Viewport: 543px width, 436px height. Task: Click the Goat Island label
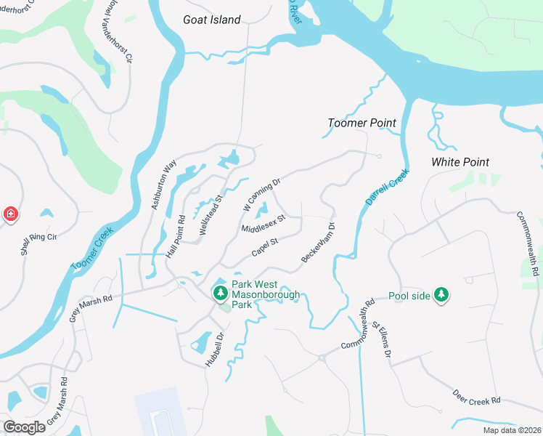pyautogui.click(x=211, y=20)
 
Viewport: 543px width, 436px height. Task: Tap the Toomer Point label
pyautogui.click(x=362, y=123)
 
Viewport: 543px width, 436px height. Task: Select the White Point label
pyautogui.click(x=460, y=161)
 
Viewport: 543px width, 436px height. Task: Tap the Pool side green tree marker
pyautogui.click(x=440, y=294)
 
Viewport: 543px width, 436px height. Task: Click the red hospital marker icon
pyautogui.click(x=10, y=214)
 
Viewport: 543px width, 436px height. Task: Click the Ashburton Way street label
pyautogui.click(x=164, y=186)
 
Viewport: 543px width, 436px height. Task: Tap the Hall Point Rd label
pyautogui.click(x=176, y=235)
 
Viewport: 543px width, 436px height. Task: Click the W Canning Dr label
pyautogui.click(x=261, y=196)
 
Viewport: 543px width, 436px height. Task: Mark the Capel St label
pyautogui.click(x=265, y=247)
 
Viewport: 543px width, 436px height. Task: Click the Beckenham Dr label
pyautogui.click(x=318, y=243)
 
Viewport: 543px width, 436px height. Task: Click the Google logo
pyautogui.click(x=24, y=427)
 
